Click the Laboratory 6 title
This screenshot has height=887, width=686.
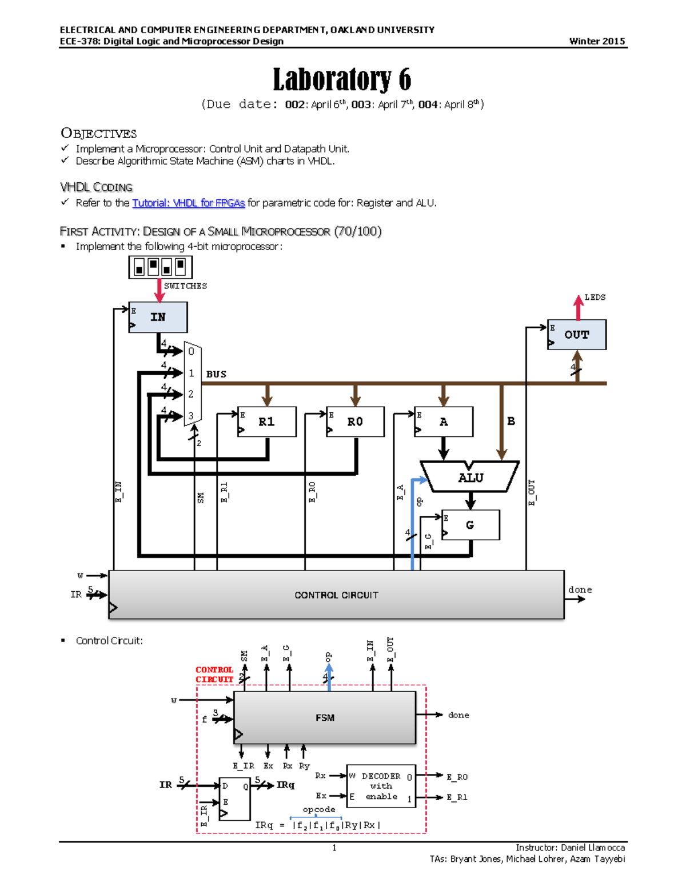click(342, 79)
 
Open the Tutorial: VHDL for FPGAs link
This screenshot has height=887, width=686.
click(188, 203)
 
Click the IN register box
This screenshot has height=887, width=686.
click(158, 317)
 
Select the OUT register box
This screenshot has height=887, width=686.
click(576, 335)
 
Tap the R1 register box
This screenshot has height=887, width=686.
click(266, 422)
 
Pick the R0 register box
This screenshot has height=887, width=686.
click(355, 422)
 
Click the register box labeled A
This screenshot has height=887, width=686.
click(444, 422)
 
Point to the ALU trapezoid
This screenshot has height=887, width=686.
click(470, 477)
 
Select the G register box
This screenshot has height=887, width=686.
click(470, 525)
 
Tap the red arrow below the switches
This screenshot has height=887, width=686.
click(159, 290)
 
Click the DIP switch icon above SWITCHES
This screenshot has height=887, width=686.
click(160, 267)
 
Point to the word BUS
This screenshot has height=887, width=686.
click(216, 374)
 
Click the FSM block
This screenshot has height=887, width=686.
click(325, 717)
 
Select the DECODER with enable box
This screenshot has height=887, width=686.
click(381, 786)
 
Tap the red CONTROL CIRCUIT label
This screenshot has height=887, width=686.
click(214, 675)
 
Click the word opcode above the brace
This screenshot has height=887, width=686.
click(319, 809)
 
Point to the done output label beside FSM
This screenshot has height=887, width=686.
click(458, 715)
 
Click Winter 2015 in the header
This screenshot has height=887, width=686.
click(597, 41)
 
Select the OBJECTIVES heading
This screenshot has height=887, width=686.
click(98, 134)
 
